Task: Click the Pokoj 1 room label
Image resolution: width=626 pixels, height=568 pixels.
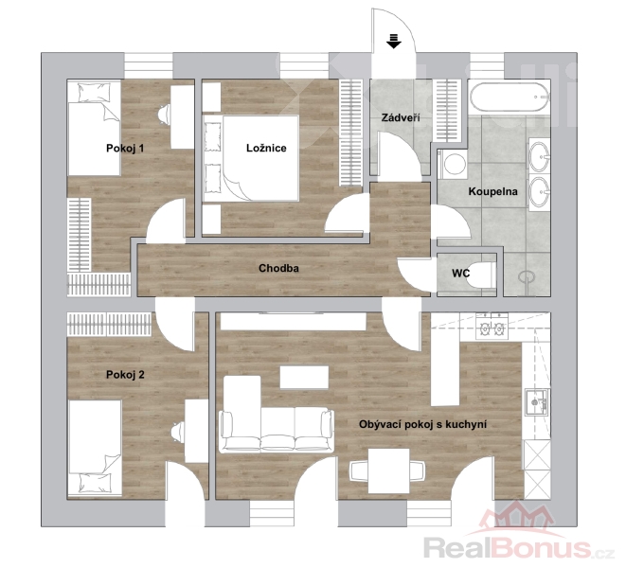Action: click(x=125, y=149)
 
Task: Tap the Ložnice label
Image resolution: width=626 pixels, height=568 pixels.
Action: click(x=266, y=148)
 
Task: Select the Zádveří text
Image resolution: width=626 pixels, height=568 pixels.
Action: click(x=401, y=117)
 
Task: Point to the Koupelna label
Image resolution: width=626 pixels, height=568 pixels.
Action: click(x=492, y=191)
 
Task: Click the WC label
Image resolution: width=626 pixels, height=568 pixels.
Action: click(x=460, y=274)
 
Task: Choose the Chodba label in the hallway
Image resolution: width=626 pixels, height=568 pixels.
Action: click(x=278, y=268)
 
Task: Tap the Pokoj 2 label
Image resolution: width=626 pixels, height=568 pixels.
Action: click(x=125, y=375)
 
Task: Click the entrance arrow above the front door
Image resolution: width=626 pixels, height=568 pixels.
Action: click(x=394, y=41)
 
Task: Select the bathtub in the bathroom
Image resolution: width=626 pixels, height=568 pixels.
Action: click(x=510, y=97)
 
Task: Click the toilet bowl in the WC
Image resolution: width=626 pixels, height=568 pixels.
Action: click(x=481, y=275)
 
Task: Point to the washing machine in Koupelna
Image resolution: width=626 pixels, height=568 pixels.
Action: click(x=453, y=164)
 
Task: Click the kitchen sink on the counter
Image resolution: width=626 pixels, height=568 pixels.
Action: click(x=537, y=402)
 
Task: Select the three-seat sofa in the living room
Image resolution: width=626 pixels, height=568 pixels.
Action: click(x=277, y=430)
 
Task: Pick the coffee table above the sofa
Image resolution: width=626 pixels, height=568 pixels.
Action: click(x=304, y=378)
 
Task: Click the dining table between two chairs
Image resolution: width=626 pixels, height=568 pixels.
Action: click(x=389, y=471)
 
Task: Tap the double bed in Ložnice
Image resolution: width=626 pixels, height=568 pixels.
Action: click(x=251, y=158)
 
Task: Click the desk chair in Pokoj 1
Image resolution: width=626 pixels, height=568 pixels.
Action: click(x=164, y=115)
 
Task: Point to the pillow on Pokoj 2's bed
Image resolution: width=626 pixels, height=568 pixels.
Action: click(x=96, y=482)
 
